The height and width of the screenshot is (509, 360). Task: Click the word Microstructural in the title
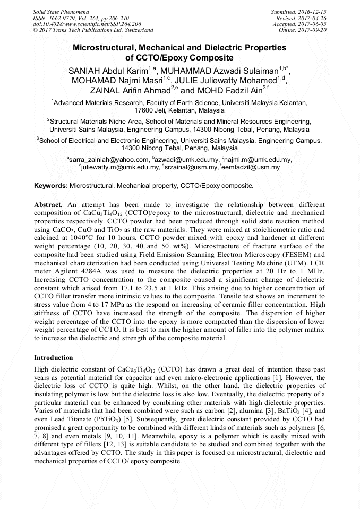point(105,47)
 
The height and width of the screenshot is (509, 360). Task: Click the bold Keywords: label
point(51,186)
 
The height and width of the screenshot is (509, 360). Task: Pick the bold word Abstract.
point(48,204)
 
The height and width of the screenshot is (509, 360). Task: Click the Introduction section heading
point(53,358)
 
